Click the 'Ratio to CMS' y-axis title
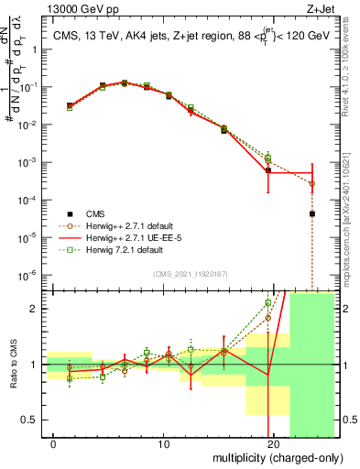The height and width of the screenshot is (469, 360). point(12,365)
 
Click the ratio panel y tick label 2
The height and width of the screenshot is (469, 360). point(36,309)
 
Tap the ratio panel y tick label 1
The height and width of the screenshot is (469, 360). point(36,364)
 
